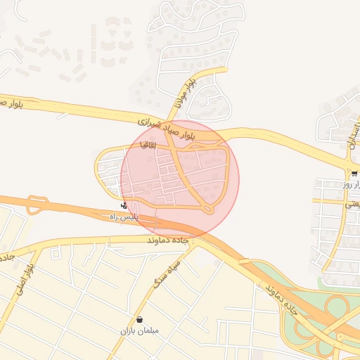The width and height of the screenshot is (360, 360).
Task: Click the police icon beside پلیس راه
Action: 124,206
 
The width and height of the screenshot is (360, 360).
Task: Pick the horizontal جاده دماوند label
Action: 169,240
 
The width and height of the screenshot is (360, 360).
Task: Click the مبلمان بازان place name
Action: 139,330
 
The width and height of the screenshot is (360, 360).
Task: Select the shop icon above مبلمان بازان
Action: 139,319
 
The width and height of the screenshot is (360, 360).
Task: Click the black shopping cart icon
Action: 354,173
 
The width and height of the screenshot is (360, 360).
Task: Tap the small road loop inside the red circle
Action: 207,209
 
